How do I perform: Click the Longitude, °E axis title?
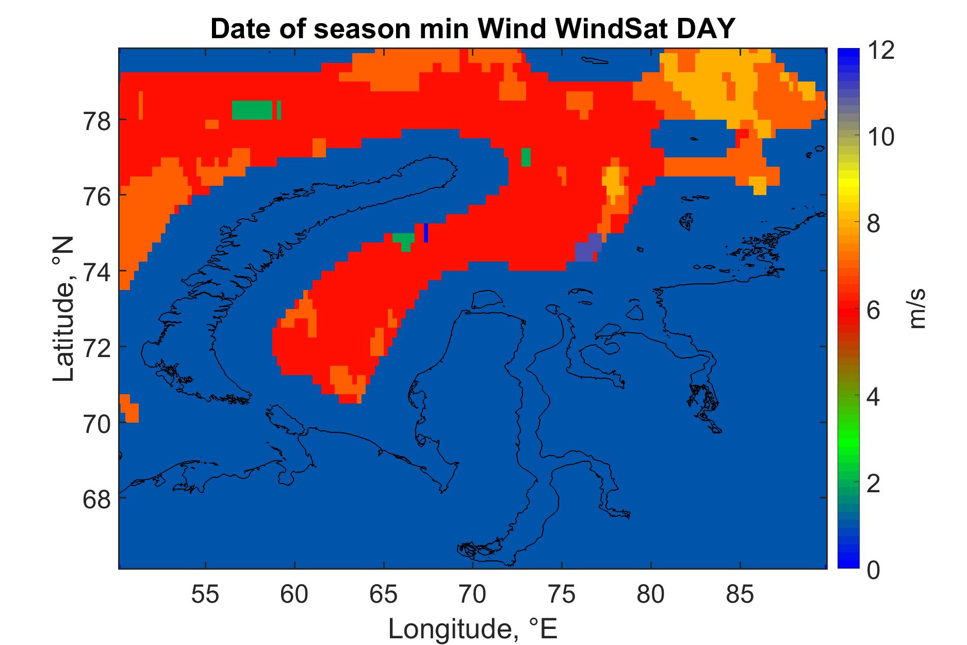click(473, 627)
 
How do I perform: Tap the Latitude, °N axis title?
click(64, 309)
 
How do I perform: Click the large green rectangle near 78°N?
click(252, 110)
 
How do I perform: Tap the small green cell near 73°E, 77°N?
click(526, 157)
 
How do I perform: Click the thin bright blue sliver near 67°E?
click(426, 233)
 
